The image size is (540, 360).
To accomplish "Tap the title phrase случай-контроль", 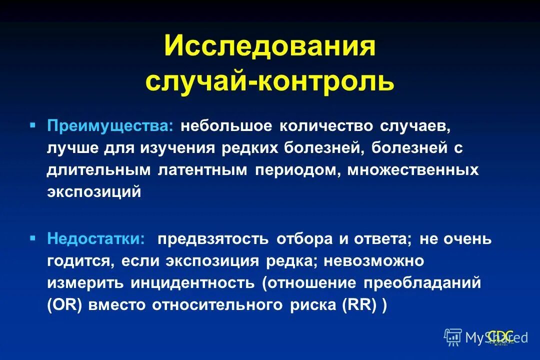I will point(269,81).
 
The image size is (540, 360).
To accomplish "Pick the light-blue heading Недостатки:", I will point(97,238).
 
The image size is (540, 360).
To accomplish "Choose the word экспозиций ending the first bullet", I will point(94,192).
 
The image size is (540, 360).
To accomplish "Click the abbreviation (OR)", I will point(65,305).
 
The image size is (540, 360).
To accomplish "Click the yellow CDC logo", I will point(500,336).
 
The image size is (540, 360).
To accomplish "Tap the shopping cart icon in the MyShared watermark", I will point(452,337).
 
